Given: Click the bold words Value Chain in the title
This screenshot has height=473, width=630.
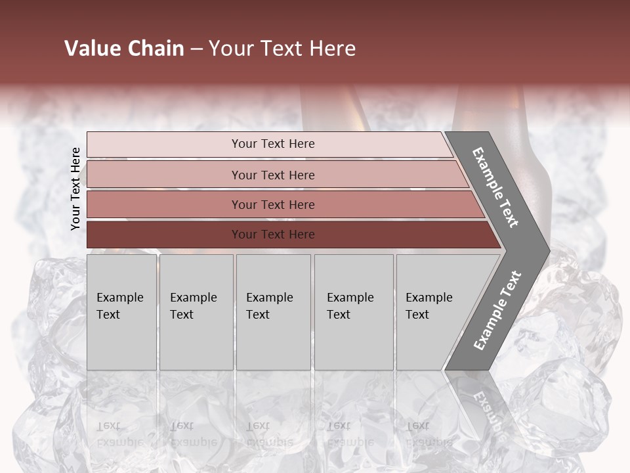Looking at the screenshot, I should pos(124,49).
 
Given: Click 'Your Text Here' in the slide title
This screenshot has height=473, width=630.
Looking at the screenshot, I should pos(282,49).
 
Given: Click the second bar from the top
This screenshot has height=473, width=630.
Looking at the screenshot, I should pos(164,175).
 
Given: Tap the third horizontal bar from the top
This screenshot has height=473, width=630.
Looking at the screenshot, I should pos(164,204).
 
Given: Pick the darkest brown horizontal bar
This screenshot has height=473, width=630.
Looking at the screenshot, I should pos(164,235).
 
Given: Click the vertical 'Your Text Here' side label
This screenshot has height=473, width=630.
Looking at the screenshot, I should pos(75,189).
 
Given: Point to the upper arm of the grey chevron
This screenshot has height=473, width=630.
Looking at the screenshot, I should pos(495,187).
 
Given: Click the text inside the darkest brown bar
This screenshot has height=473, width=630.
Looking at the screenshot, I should pos(273,235).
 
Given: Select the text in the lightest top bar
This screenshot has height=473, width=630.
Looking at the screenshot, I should pos(273,144).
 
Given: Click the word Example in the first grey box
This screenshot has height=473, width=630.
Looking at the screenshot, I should pos(119,298).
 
